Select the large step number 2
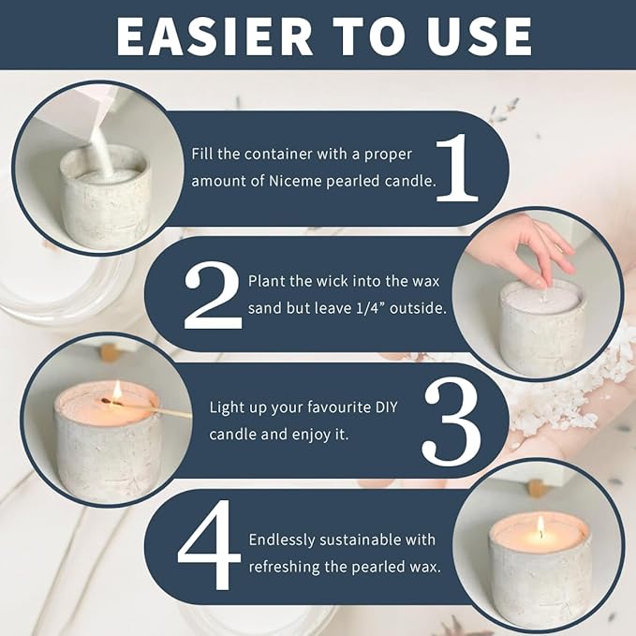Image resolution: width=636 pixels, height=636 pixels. [213, 294]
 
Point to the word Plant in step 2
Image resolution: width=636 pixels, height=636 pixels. [267, 280]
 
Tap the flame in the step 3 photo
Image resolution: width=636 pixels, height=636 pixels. [117, 390]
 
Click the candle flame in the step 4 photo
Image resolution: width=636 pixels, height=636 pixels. [540, 526]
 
